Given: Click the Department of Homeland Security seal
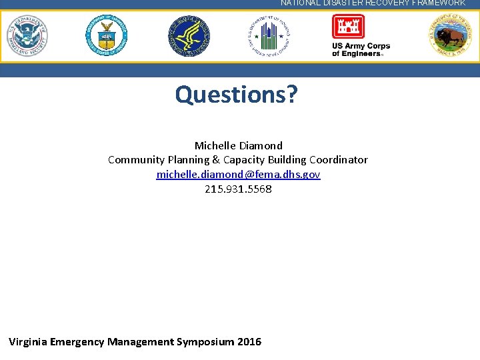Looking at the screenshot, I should tap(27, 36).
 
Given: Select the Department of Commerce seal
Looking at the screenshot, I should tap(107, 36).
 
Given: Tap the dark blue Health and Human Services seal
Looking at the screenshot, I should tap(189, 36).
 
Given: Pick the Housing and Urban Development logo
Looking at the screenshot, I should tap(269, 36).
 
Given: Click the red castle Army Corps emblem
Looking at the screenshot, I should tap(348, 27).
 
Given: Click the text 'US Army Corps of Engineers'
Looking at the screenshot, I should tap(361, 50).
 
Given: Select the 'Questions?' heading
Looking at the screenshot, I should tap(236, 95).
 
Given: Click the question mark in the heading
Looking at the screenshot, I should tap(291, 95).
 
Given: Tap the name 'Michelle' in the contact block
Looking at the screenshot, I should tap(215, 145).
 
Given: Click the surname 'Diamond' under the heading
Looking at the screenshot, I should tap(260, 145).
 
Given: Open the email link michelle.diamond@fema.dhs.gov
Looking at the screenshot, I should tap(238, 174).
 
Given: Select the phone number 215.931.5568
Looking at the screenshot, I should tap(238, 189).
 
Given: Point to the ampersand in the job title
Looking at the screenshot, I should tap(216, 160).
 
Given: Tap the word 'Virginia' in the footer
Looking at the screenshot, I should tap(27, 342).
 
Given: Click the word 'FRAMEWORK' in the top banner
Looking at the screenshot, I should tap(437, 3).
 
